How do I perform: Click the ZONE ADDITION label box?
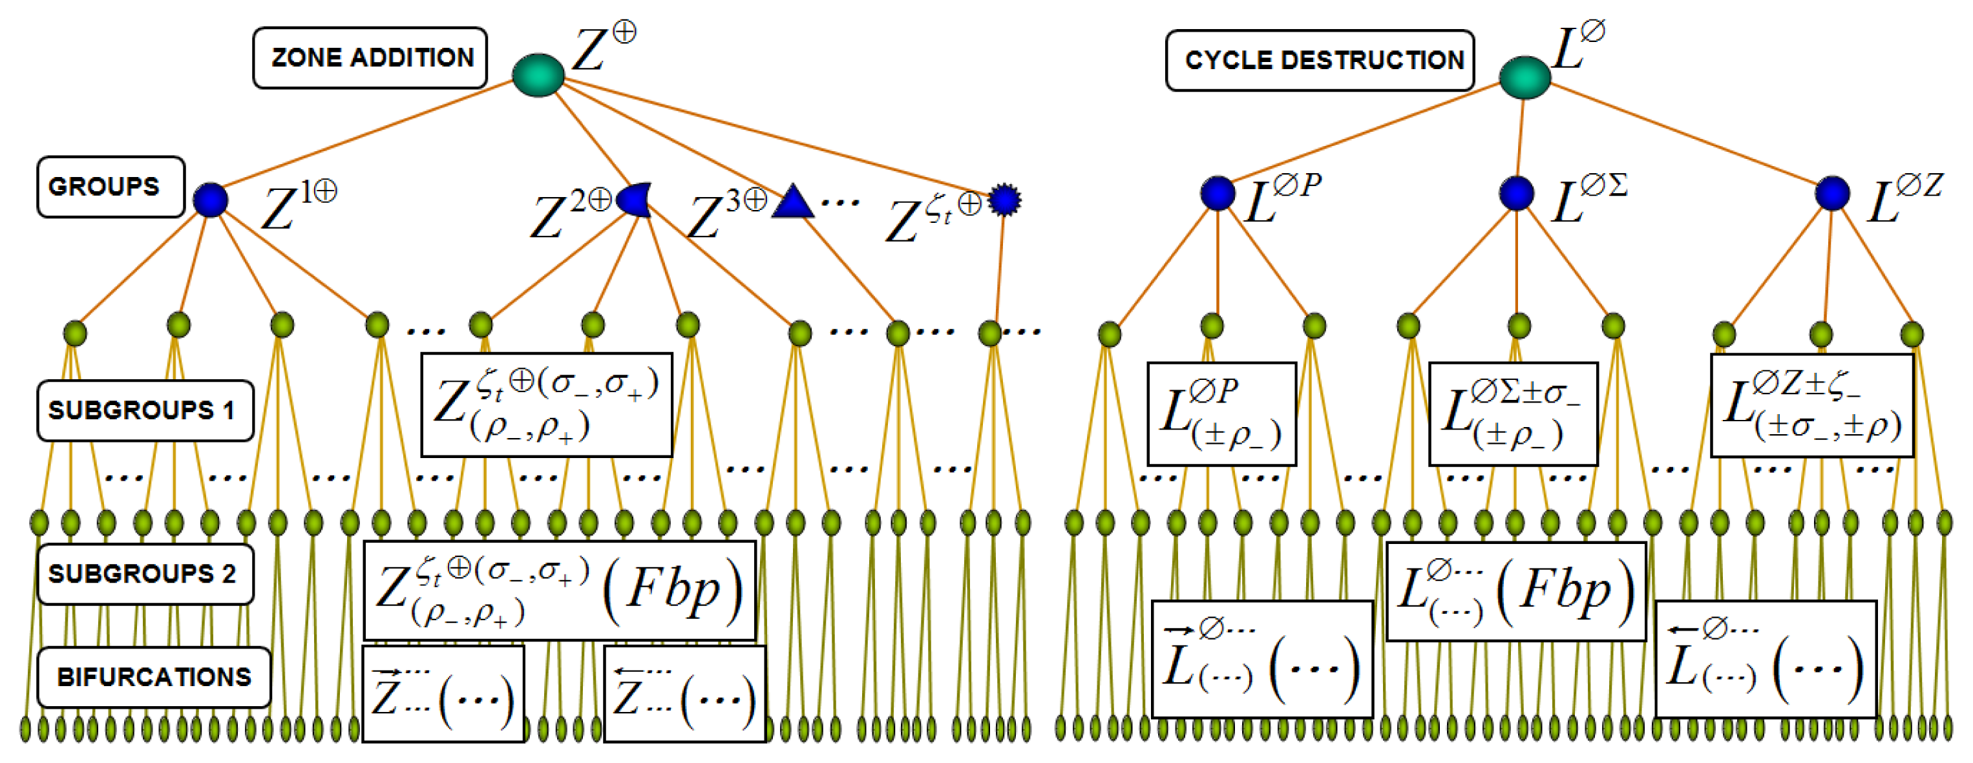(370, 57)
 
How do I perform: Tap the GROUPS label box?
(111, 187)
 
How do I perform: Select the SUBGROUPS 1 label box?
(145, 411)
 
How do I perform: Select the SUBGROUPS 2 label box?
(145, 574)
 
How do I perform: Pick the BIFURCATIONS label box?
(154, 677)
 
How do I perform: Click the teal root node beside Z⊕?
(538, 75)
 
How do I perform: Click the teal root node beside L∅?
(1524, 78)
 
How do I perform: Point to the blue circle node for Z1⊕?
(210, 200)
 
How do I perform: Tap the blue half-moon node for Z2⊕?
(636, 200)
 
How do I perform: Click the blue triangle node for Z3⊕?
(793, 203)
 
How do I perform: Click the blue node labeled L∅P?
(1217, 193)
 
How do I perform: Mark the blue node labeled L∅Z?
(1832, 193)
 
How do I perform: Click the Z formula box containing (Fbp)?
(559, 591)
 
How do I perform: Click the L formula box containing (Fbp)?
(1515, 591)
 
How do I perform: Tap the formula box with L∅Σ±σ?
(1513, 413)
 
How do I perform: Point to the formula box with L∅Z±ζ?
(1811, 406)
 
